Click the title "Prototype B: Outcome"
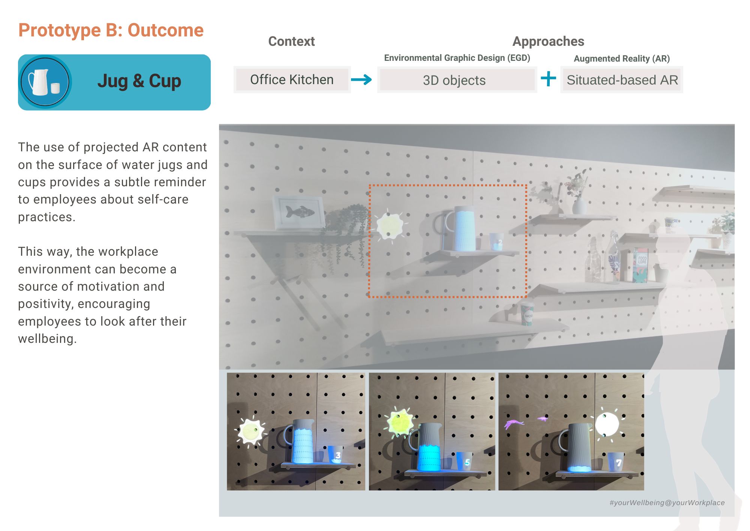[x=111, y=30]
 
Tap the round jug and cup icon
[x=45, y=82]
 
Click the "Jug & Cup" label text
[x=139, y=81]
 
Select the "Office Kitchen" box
[x=292, y=80]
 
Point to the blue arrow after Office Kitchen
[x=361, y=79]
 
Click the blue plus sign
[x=548, y=79]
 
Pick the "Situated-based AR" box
[x=622, y=80]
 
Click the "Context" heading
[x=291, y=41]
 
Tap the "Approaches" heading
[x=548, y=41]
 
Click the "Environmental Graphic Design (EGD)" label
[x=457, y=58]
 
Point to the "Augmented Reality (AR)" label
[x=622, y=59]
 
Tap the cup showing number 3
[x=336, y=454]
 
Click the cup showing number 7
[x=616, y=462]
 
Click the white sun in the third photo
[x=607, y=424]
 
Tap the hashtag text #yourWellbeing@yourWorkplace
[x=667, y=502]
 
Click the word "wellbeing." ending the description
[x=47, y=339]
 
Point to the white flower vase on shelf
[x=579, y=205]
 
